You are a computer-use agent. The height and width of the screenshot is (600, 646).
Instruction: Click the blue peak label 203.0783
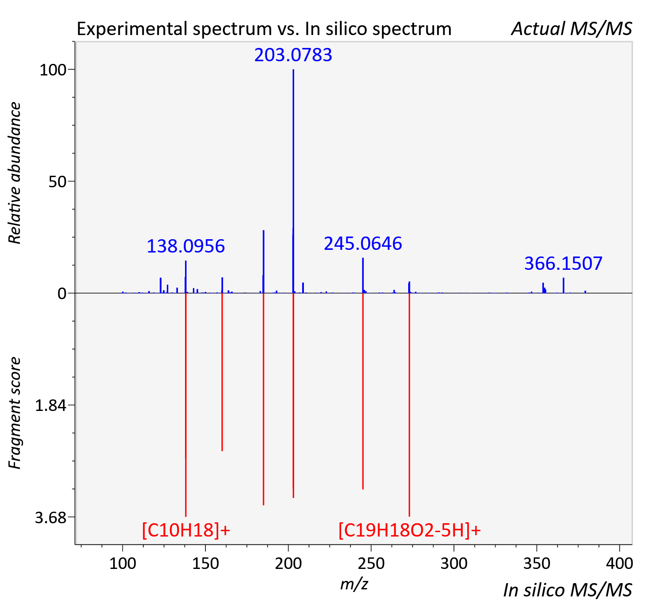(x=293, y=55)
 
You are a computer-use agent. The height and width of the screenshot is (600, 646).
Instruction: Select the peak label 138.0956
(x=186, y=246)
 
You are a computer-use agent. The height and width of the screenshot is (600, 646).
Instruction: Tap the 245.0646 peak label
(x=362, y=243)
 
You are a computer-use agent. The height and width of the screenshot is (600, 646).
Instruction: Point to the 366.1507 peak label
(x=563, y=263)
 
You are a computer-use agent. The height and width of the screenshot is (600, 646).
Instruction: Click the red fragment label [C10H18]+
(x=186, y=530)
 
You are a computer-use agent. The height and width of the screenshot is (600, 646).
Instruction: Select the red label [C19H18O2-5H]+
(x=410, y=530)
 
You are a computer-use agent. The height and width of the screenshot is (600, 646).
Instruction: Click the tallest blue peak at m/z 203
(x=293, y=181)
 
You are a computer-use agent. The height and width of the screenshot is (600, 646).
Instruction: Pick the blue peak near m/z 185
(x=264, y=261)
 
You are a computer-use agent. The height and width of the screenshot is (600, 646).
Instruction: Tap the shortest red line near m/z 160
(x=222, y=372)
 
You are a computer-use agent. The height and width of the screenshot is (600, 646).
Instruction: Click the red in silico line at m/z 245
(x=363, y=391)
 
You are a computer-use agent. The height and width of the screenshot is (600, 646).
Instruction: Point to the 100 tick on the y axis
(x=52, y=70)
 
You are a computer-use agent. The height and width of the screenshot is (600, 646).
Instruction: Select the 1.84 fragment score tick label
(x=50, y=406)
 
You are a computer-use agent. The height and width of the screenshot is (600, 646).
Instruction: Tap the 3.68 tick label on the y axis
(x=50, y=517)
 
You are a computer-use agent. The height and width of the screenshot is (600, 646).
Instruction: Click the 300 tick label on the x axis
(x=454, y=564)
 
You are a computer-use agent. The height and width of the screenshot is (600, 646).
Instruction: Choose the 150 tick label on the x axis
(x=205, y=564)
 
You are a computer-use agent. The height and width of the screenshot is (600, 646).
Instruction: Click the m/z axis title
(x=354, y=584)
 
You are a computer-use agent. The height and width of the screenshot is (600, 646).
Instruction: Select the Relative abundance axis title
(x=14, y=173)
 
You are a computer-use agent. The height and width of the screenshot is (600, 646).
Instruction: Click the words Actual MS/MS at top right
(x=571, y=29)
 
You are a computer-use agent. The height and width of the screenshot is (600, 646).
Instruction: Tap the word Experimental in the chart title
(x=132, y=29)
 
